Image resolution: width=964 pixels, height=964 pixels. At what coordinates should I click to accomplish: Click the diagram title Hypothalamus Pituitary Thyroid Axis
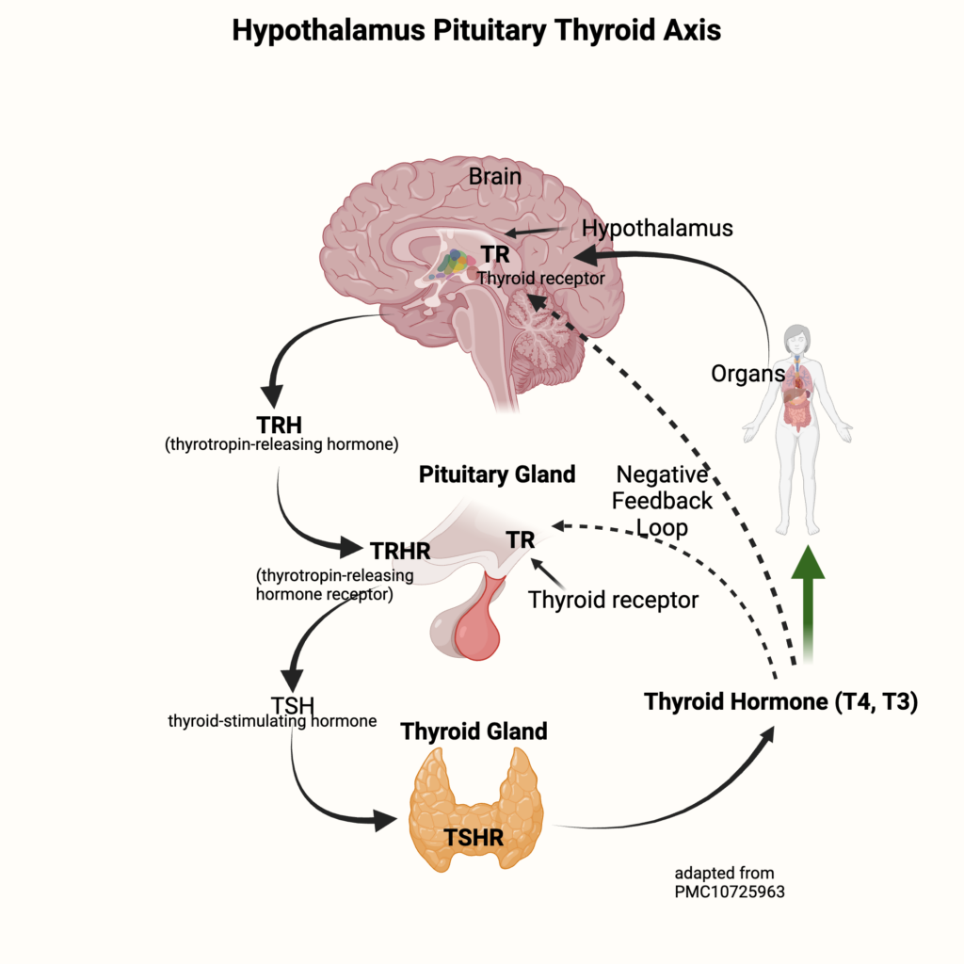476,30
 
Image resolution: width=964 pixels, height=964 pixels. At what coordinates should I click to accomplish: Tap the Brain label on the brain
495,176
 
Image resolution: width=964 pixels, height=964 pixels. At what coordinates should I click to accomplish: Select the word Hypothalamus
657,228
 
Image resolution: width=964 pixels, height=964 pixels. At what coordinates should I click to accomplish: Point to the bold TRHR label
400,550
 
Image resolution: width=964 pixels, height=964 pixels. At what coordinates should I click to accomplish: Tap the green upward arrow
806,602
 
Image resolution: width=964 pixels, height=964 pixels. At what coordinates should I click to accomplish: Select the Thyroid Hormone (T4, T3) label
780,702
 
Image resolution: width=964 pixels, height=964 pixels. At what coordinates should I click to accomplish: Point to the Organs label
747,374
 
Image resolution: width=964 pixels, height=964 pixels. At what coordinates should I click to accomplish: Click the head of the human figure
799,337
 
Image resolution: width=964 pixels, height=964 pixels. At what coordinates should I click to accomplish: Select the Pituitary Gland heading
497,474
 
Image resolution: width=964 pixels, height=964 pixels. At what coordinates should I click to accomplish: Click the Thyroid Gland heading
474,731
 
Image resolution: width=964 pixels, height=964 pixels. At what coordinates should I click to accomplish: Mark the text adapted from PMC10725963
730,882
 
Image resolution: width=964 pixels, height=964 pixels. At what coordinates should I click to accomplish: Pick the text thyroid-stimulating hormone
272,721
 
